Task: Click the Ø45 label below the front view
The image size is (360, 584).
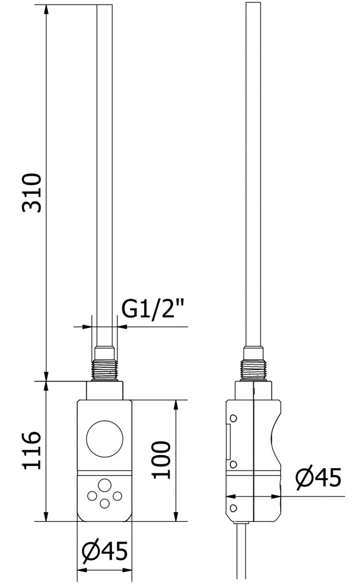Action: pyautogui.click(x=104, y=551)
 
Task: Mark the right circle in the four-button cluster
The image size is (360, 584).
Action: pyautogui.click(x=117, y=495)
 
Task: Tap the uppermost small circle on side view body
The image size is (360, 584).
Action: pyautogui.click(x=232, y=419)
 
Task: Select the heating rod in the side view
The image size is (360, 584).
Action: pyautogui.click(x=253, y=171)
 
